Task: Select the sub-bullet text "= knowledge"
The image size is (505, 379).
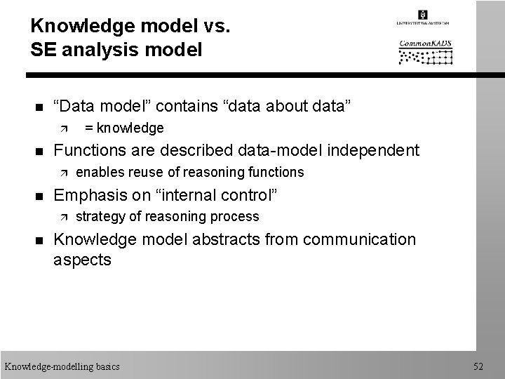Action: (124, 128)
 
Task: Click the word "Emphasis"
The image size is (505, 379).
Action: (88, 194)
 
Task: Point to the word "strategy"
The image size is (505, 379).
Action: (98, 216)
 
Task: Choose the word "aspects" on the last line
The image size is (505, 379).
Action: (82, 260)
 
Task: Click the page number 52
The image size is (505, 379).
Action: (479, 366)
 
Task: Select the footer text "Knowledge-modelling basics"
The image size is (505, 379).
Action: (62, 366)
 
